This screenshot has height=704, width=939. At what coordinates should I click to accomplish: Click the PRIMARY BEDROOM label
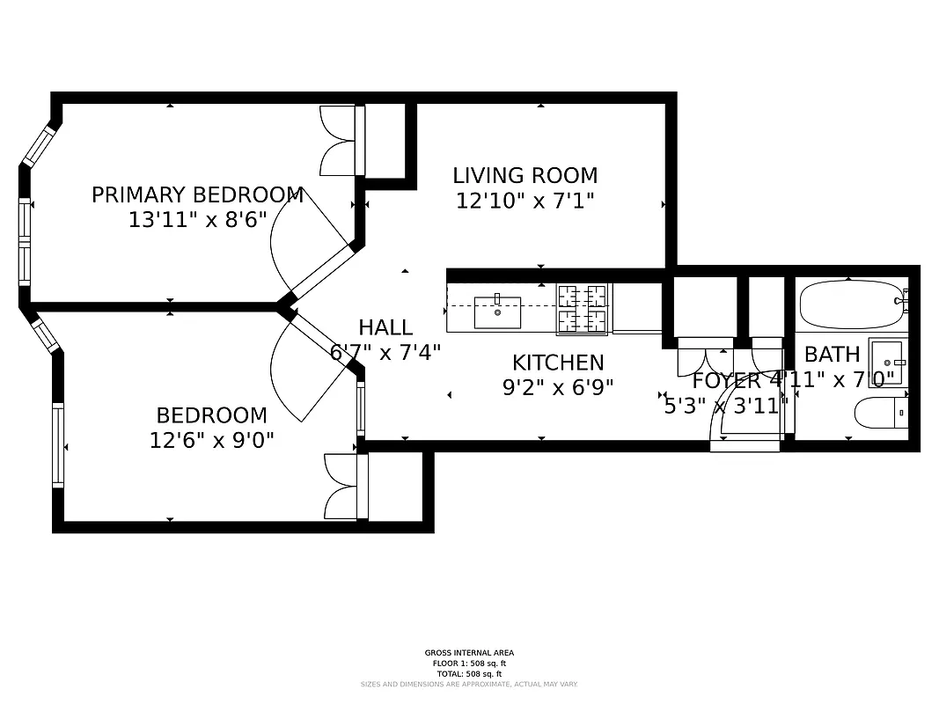click(x=197, y=194)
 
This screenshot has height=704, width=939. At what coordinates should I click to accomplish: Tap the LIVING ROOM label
click(x=525, y=175)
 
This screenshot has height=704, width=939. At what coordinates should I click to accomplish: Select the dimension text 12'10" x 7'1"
click(x=525, y=201)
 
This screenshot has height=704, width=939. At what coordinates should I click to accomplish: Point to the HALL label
click(x=385, y=327)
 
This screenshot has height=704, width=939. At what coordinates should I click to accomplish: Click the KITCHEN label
click(x=558, y=363)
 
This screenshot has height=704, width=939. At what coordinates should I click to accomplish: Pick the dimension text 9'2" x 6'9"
click(x=558, y=386)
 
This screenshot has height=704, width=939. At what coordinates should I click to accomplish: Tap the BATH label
click(x=832, y=355)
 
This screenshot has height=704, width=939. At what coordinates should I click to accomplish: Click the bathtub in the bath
click(x=852, y=304)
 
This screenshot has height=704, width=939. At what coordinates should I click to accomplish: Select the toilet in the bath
click(x=880, y=412)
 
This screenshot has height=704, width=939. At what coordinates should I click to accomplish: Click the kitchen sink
click(x=497, y=312)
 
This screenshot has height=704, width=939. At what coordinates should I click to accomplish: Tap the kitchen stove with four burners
click(x=582, y=310)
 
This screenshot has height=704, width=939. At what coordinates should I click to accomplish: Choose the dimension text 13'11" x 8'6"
click(x=197, y=220)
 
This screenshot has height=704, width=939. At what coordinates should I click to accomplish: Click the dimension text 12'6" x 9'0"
click(x=211, y=439)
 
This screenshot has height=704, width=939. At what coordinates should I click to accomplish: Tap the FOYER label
click(x=725, y=381)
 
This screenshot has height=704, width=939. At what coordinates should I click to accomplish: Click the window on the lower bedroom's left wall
click(x=58, y=444)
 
